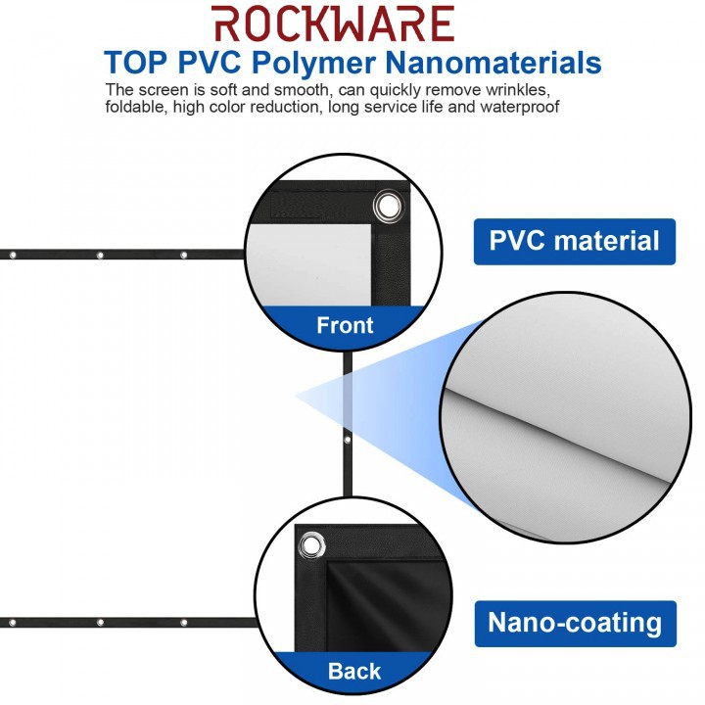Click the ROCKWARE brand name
pyautogui.click(x=333, y=23)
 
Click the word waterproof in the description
pyautogui.click(x=525, y=106)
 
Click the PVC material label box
pyautogui.click(x=575, y=241)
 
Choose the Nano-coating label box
pyautogui.click(x=575, y=623)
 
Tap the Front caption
pyautogui.click(x=345, y=325)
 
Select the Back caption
pyautogui.click(x=354, y=672)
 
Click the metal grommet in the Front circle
pyautogui.click(x=388, y=207)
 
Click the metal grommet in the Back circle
pyautogui.click(x=311, y=544)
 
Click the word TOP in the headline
pyautogui.click(x=137, y=63)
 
